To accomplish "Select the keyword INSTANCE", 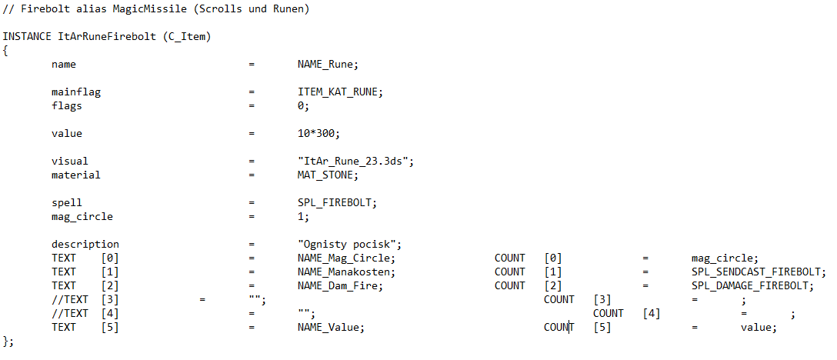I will coord(27,37).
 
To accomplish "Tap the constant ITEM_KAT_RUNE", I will coord(339,92).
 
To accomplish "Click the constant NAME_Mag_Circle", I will coord(345,258).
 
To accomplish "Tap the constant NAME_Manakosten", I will coord(345,272).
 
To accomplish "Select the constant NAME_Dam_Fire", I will coord(339,286).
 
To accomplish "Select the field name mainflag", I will coord(76,92).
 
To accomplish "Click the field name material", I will coord(76,175).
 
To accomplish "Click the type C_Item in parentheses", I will coord(187,37).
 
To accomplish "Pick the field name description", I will coord(85,245).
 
